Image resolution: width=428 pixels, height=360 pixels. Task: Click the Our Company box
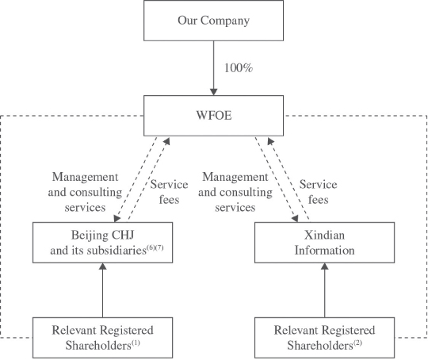(213, 21)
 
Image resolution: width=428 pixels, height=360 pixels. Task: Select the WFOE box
(213, 113)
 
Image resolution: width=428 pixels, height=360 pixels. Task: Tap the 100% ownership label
(238, 68)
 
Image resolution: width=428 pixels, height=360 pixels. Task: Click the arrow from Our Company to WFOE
(213, 67)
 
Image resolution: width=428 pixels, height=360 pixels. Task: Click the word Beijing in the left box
(86, 236)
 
